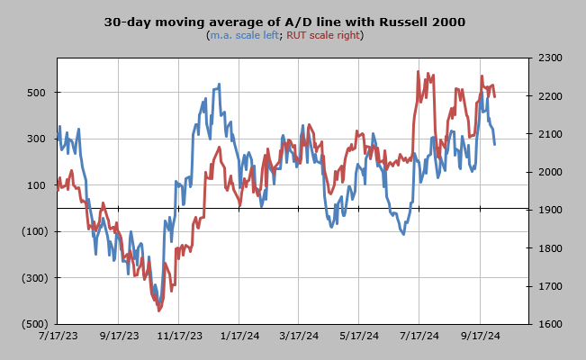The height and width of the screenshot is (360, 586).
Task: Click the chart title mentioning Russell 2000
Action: click(x=284, y=22)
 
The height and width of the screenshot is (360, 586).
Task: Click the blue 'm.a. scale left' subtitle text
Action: click(x=245, y=35)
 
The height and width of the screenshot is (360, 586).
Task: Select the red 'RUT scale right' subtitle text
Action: click(x=323, y=35)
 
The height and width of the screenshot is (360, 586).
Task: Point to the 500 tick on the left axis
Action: click(x=36, y=93)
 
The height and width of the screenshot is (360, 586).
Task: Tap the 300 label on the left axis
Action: click(x=36, y=139)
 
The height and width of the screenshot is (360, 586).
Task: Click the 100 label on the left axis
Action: click(x=36, y=185)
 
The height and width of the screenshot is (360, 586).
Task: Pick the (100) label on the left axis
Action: click(x=35, y=231)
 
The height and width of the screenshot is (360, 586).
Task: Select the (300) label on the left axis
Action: click(x=35, y=278)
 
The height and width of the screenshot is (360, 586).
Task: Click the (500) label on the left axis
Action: click(x=35, y=324)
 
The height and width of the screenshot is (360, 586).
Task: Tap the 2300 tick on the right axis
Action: click(x=550, y=58)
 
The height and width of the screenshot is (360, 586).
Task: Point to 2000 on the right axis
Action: click(x=550, y=172)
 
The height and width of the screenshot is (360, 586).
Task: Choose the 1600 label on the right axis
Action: click(x=550, y=324)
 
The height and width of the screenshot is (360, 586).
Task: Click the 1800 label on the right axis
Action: click(x=550, y=248)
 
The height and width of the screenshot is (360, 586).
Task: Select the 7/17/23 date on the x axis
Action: click(x=59, y=336)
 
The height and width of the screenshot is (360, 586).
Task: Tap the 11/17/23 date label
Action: click(x=179, y=336)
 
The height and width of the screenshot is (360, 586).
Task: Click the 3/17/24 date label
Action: click(x=299, y=336)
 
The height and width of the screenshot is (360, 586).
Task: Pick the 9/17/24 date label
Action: click(x=481, y=336)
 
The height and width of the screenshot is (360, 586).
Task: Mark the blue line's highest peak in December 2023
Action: click(x=219, y=84)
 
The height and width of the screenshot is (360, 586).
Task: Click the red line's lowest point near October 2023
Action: click(x=158, y=310)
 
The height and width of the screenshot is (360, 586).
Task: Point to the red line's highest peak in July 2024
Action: click(x=418, y=71)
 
